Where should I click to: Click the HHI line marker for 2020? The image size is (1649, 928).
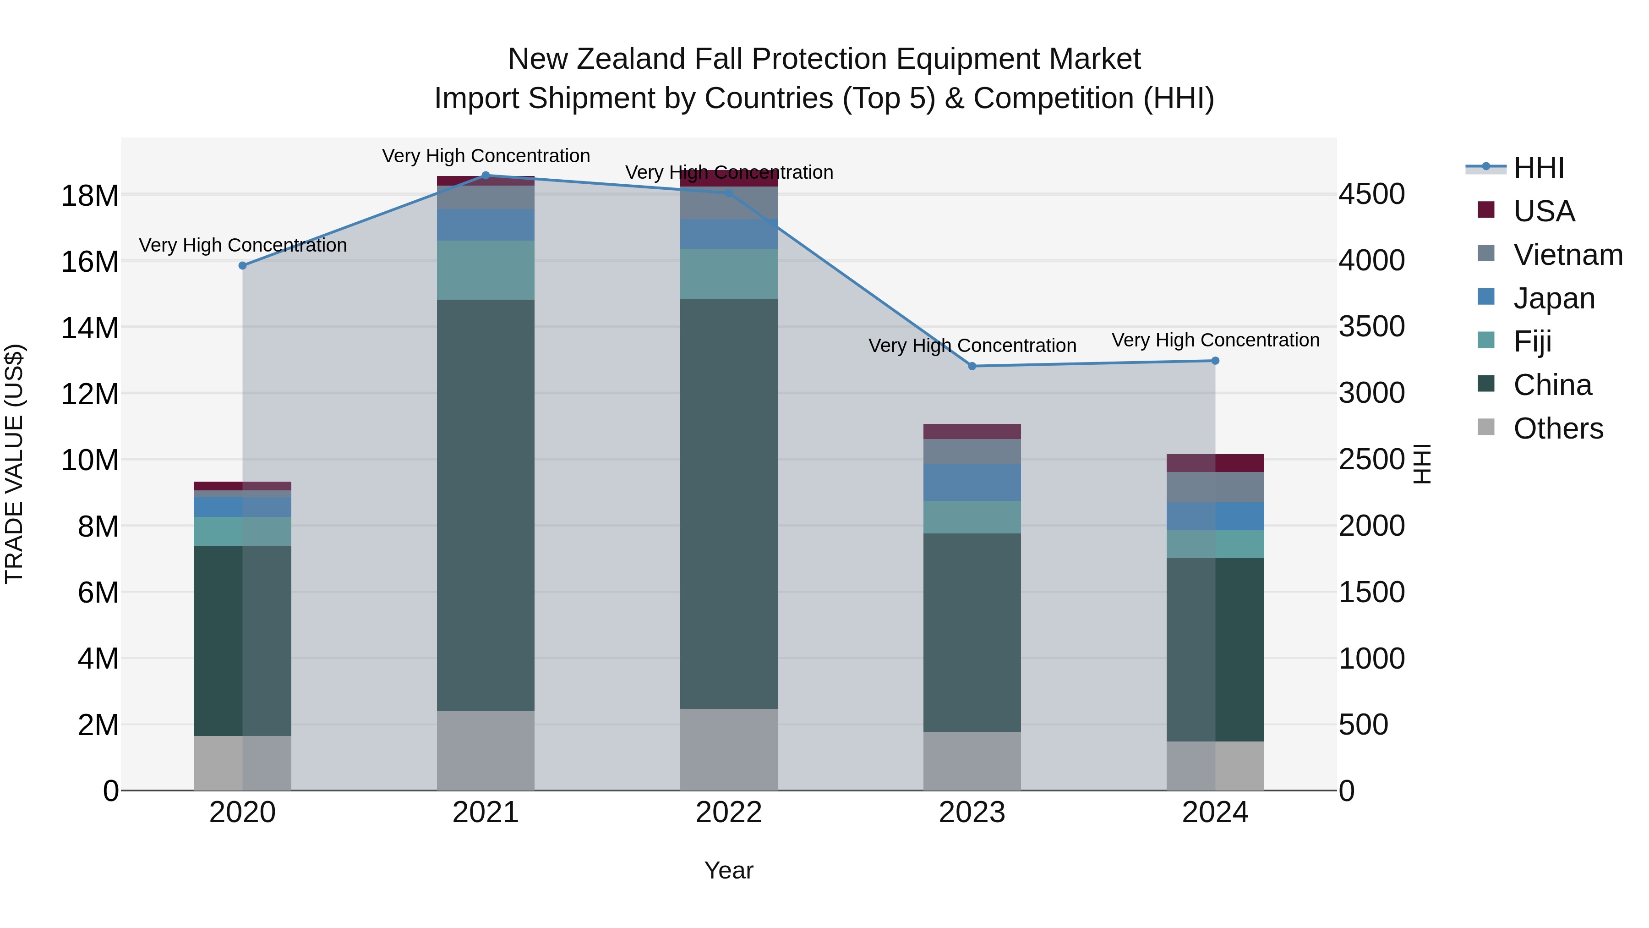coord(243,266)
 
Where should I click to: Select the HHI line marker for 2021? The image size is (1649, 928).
coord(485,176)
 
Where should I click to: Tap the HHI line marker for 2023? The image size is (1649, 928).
coord(972,366)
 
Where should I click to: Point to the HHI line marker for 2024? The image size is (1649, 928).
coord(1215,361)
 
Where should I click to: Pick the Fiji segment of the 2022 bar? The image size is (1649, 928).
coord(728,274)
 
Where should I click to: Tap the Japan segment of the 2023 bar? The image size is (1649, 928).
coord(972,482)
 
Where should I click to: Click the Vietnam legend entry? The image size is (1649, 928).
coord(1568,255)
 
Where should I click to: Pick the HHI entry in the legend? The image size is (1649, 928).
coord(1538,168)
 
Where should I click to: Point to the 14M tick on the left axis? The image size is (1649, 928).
coord(90,328)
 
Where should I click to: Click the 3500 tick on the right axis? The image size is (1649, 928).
coord(1372,327)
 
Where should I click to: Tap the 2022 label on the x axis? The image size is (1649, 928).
coord(728,813)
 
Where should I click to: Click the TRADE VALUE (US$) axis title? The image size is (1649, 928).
coord(14,464)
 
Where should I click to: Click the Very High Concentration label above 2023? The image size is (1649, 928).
coord(972,346)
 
